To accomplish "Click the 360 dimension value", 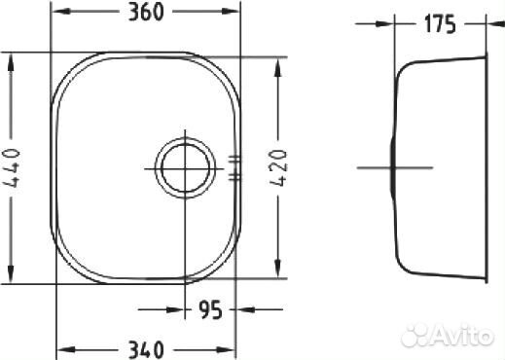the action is tap(146, 13).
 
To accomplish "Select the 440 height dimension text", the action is tap(12, 168).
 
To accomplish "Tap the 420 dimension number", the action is tap(278, 167).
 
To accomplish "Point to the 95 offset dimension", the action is tap(210, 310).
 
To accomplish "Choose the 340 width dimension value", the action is tap(146, 350).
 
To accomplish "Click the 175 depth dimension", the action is tap(440, 24).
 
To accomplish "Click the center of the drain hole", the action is tap(185, 168).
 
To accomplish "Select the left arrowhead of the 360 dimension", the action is tap(61, 12).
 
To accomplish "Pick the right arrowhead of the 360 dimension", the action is tap(230, 12).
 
